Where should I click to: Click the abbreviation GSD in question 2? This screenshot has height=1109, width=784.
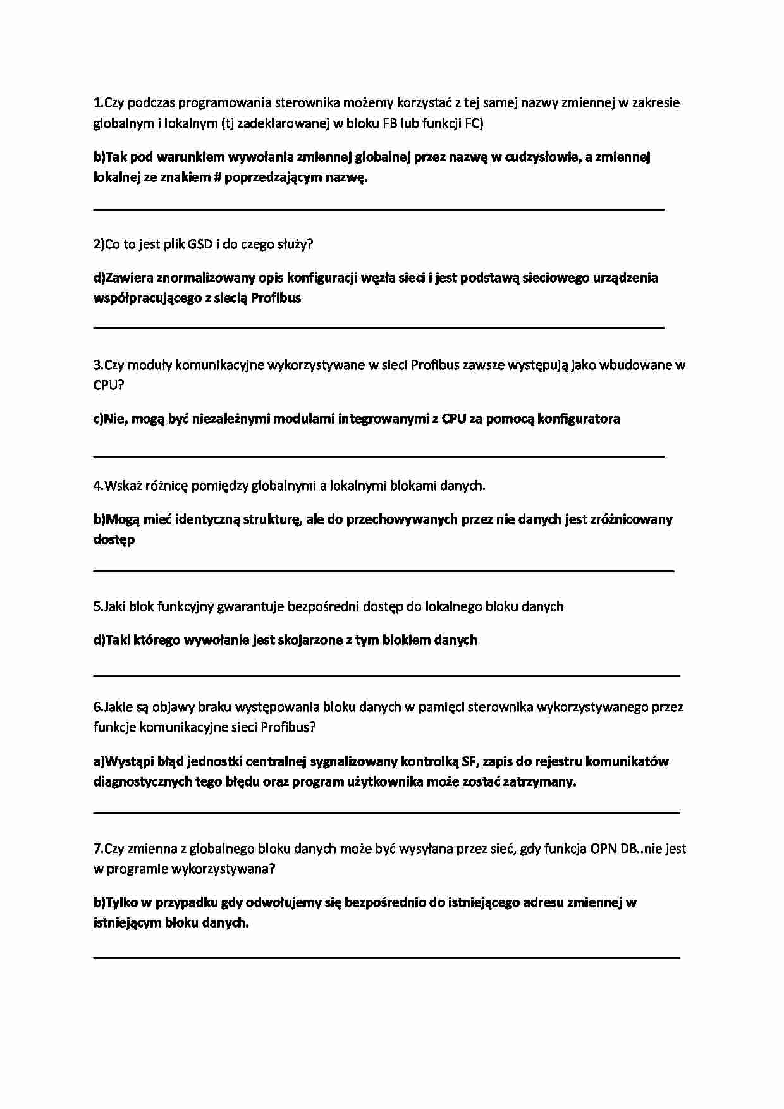click(200, 244)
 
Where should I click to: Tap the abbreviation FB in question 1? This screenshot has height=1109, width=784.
click(390, 123)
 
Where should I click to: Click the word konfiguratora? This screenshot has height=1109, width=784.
click(579, 419)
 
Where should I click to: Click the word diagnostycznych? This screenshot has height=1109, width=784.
click(142, 781)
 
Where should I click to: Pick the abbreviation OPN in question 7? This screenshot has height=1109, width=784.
click(603, 849)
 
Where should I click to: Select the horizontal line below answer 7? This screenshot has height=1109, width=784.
click(386, 957)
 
